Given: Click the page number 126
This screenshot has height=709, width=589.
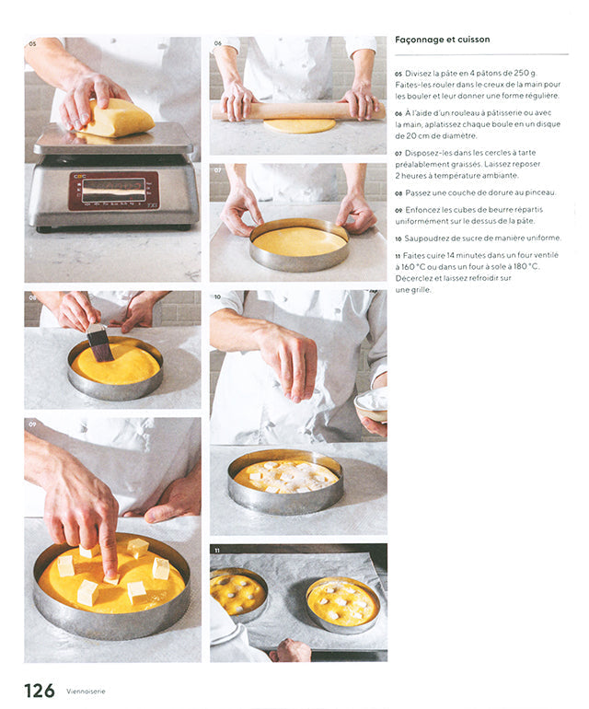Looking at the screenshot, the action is pos(39,691).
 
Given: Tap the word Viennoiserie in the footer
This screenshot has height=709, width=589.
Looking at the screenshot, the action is pos(86,692).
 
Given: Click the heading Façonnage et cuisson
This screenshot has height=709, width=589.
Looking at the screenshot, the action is pos(442,40).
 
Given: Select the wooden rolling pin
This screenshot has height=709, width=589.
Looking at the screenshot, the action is pos(297,111).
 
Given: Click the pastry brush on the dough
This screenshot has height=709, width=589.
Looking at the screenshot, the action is pos(98,342).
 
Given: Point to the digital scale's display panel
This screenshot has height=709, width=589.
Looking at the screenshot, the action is pos(113,191).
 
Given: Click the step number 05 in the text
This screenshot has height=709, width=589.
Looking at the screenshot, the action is pos(398,74).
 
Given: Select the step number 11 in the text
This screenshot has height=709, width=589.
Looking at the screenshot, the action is pos(398,256).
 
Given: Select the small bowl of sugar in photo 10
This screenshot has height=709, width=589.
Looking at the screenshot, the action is pos(372,405).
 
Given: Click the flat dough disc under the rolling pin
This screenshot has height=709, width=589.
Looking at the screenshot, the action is pos(300,126).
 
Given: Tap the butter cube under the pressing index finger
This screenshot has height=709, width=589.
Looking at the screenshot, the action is pos(111,579).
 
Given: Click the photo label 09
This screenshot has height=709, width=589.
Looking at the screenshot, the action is pos(32,424).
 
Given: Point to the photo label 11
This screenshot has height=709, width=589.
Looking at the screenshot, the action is pos(217,551).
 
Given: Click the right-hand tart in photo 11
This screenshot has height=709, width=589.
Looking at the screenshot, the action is pos(342,605).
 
